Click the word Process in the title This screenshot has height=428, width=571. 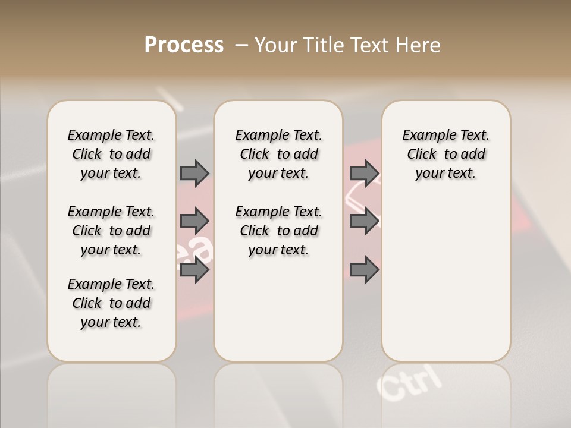[x=184, y=45]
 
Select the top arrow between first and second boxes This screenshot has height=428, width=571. [x=194, y=173]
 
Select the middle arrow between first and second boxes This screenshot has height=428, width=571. [x=194, y=221]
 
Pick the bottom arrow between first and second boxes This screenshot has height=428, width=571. [x=194, y=270]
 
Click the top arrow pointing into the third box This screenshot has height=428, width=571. [x=364, y=173]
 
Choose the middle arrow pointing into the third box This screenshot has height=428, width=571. [x=364, y=221]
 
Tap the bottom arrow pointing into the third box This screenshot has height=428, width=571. [x=364, y=270]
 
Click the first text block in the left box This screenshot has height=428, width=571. [x=111, y=154]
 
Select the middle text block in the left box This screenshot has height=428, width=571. [x=111, y=231]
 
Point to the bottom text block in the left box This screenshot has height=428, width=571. [x=111, y=303]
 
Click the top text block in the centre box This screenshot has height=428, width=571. [x=278, y=154]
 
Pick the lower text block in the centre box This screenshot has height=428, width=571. [x=278, y=231]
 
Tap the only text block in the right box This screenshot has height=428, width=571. [x=445, y=154]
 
